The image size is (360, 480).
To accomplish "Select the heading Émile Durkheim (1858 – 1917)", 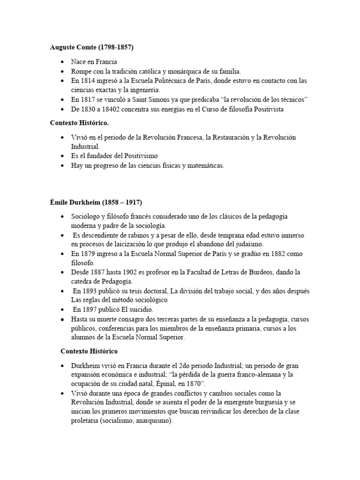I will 96,202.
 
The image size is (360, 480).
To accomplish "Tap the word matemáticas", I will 205,165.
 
